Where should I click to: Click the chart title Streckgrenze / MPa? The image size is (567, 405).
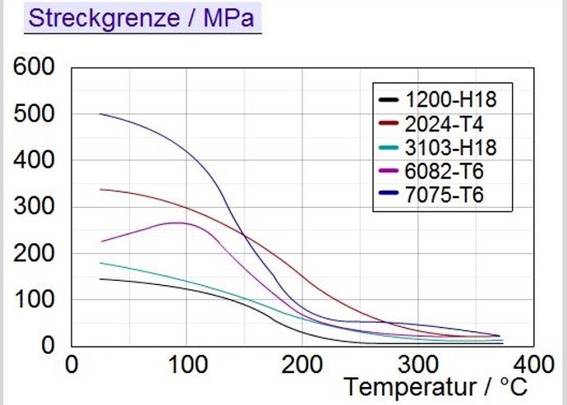coord(141,18)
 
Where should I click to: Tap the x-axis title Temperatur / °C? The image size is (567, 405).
coord(435,387)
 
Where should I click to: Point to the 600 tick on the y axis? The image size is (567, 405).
coord(34,67)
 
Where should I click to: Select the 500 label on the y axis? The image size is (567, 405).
coord(34,114)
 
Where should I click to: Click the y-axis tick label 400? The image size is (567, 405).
coord(34,160)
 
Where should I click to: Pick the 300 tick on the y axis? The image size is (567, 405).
coord(34,206)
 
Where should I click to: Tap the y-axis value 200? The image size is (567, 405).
coord(34,253)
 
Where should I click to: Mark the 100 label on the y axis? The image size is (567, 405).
coord(34,299)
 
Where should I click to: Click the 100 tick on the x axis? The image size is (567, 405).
coord(187,365)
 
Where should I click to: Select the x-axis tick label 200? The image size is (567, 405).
coord(302,365)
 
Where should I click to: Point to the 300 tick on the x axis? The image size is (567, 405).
coord(418,365)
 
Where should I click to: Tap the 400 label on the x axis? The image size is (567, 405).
coord(534,365)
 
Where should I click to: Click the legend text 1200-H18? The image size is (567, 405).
coord(451,99)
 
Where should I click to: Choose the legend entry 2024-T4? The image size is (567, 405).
coord(444,124)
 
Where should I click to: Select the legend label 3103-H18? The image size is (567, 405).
coord(451,148)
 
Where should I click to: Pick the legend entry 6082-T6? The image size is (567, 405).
coord(444,171)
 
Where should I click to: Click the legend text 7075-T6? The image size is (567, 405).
coord(444,195)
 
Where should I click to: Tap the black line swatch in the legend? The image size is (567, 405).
coord(389,99)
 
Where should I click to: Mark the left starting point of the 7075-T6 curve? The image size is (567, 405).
coord(99,114)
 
